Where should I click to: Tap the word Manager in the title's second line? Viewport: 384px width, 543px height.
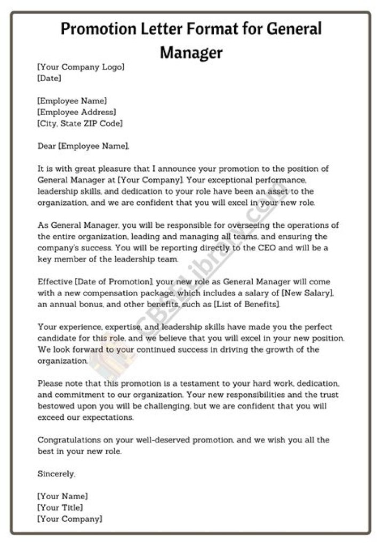tap(191, 52)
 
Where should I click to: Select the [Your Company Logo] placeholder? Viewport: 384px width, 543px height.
tap(81, 67)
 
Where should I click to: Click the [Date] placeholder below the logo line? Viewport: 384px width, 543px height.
tap(49, 78)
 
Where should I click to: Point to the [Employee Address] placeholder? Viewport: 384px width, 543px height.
tap(77, 112)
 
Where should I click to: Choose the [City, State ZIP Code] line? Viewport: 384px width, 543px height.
tap(80, 123)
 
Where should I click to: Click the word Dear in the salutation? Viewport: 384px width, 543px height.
tap(47, 146)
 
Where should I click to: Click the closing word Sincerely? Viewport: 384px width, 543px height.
tap(57, 473)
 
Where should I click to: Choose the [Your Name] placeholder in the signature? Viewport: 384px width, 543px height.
tap(62, 496)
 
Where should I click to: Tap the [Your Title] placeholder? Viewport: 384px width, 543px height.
tap(60, 507)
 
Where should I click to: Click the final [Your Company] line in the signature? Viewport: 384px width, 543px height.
tap(70, 518)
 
